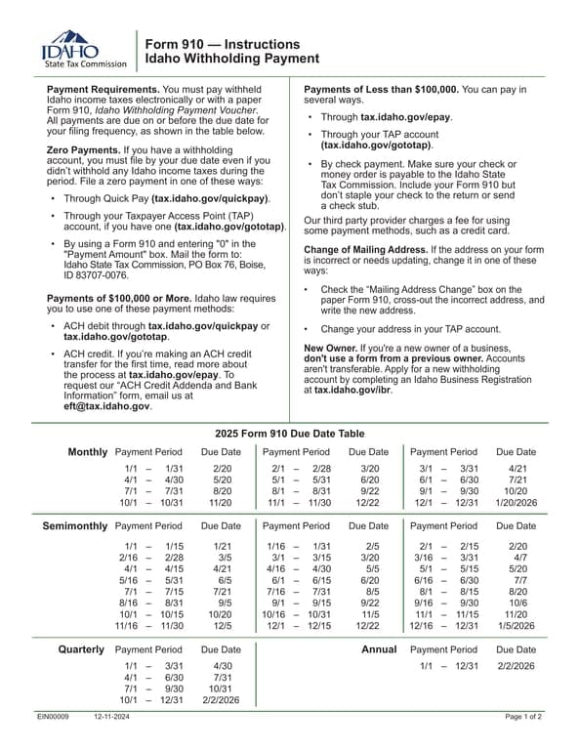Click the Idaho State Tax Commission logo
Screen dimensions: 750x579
coord(84,49)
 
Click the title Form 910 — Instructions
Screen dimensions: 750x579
coord(222,44)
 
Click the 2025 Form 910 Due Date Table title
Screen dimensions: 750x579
coord(288,433)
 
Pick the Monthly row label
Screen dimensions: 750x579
coord(87,452)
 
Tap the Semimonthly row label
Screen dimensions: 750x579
coord(74,525)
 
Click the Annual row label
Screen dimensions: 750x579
coord(378,649)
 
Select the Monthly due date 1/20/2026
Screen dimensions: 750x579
coord(516,503)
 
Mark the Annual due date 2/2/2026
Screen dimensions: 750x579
coord(516,665)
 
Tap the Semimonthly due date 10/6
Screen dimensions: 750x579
coord(517,575)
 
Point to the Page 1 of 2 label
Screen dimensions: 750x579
coord(523,717)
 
